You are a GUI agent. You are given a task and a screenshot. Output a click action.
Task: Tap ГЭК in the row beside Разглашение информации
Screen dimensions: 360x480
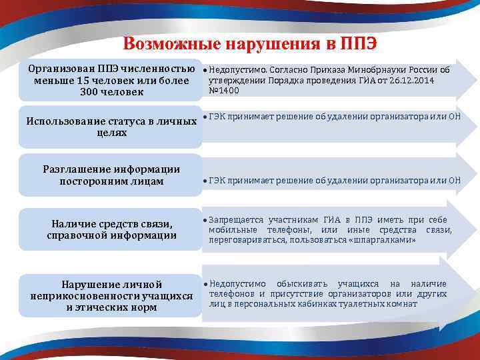(217, 180)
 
